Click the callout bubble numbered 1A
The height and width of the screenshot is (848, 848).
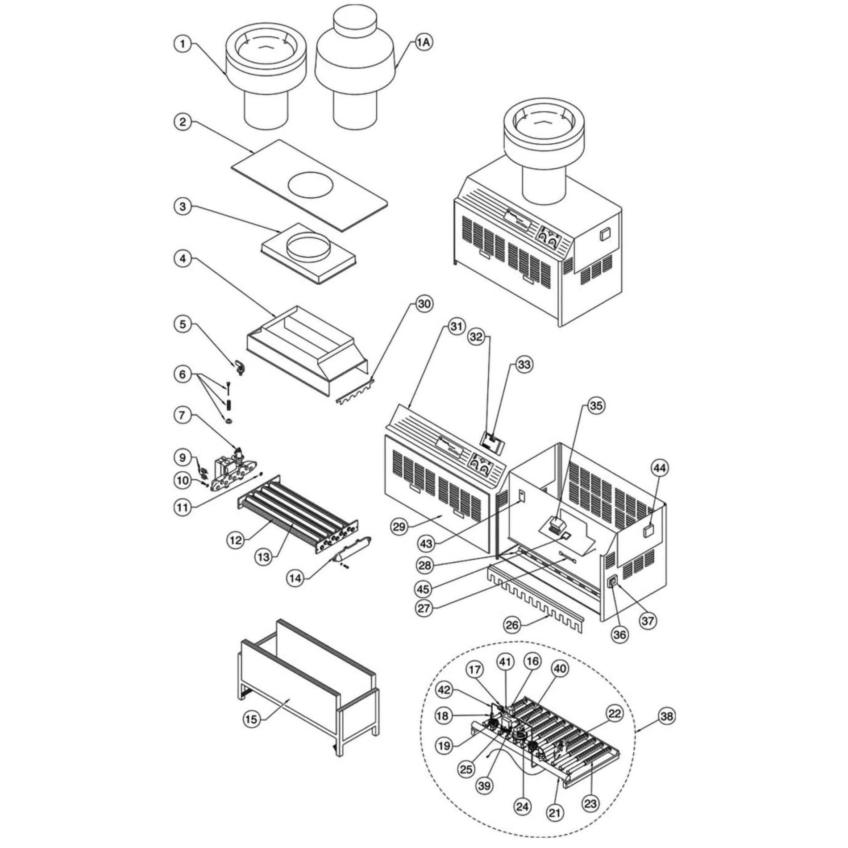click(424, 43)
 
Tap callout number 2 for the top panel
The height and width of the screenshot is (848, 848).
click(183, 122)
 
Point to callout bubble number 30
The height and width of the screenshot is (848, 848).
click(424, 304)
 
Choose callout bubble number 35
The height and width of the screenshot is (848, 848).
click(596, 406)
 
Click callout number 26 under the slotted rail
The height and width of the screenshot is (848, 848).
click(512, 624)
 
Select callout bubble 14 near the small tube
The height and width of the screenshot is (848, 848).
click(295, 578)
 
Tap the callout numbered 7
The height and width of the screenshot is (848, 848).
click(182, 416)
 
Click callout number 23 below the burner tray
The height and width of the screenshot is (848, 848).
click(590, 803)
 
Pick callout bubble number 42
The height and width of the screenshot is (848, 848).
click(444, 690)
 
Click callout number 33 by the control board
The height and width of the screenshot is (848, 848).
click(524, 365)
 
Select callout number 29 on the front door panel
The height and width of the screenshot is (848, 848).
click(399, 527)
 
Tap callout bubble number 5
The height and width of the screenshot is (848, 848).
click(183, 324)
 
